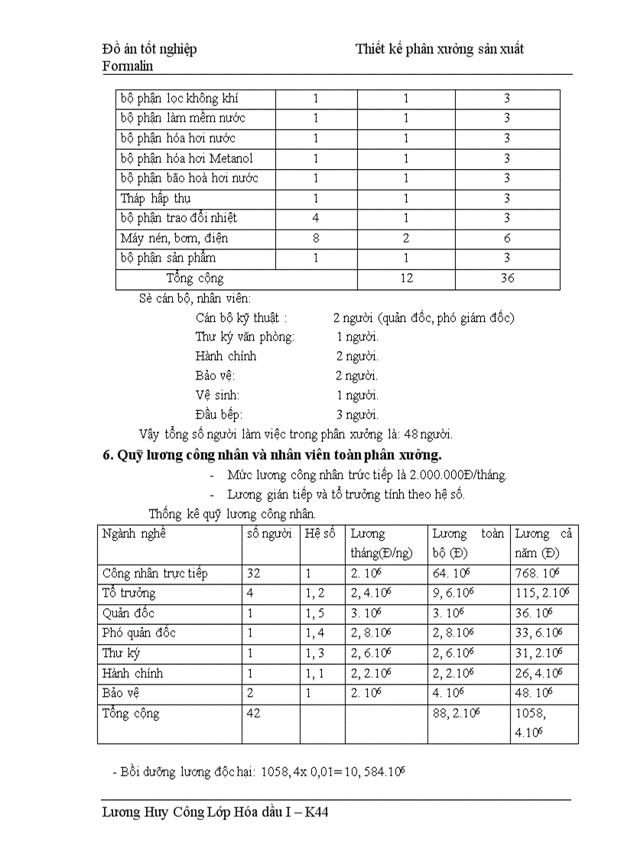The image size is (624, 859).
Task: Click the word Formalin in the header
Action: point(127,66)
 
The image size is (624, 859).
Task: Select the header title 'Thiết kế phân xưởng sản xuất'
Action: point(440,49)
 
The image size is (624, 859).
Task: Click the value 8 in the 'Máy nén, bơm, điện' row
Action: point(316,239)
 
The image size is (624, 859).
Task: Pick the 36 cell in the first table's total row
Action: point(507,278)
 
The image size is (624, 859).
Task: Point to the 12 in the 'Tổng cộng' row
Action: point(406,278)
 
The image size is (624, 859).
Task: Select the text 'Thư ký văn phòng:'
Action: point(245,337)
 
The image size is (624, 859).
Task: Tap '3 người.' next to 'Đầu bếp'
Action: point(357,415)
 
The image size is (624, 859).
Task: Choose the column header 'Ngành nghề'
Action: point(134,534)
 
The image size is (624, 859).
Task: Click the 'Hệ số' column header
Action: point(320,534)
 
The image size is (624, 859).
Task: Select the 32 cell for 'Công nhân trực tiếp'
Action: point(255,574)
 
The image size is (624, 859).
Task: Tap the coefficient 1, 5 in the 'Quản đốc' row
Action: point(314,613)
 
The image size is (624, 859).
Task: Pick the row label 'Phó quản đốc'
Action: point(138,633)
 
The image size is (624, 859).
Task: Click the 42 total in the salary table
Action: point(255,714)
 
